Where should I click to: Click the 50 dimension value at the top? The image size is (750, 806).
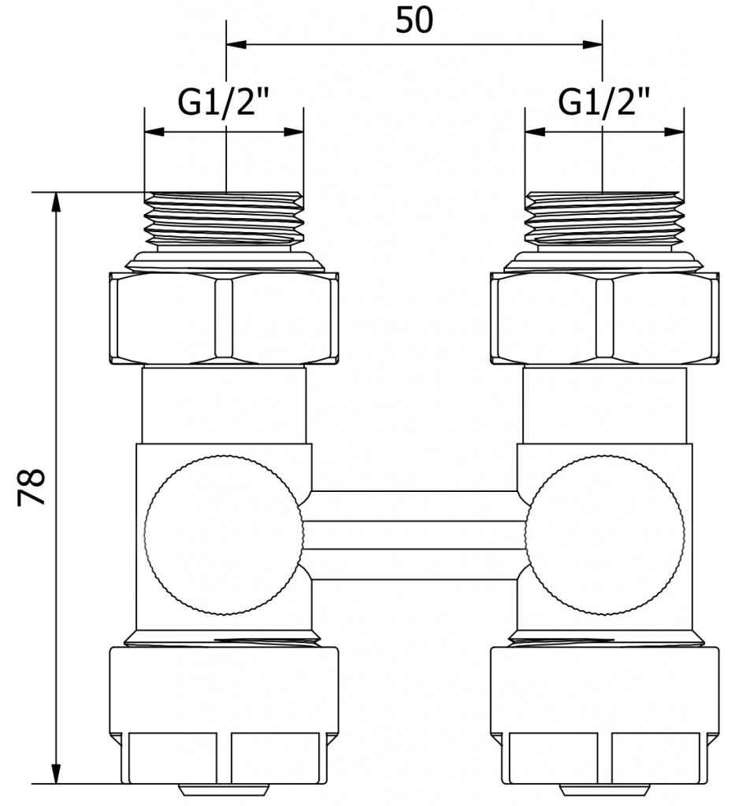point(414,21)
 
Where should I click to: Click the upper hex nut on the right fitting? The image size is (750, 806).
point(604,319)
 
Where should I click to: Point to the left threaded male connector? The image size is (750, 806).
point(225,220)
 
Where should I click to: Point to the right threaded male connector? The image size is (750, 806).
point(604,220)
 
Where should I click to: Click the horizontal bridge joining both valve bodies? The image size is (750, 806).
point(414,535)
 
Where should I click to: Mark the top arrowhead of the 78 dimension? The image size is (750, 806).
point(56,200)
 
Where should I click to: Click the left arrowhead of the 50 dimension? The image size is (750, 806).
point(235,45)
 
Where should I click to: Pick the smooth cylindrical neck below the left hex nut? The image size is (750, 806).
point(225,405)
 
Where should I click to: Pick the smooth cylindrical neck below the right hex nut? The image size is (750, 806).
point(604,405)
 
